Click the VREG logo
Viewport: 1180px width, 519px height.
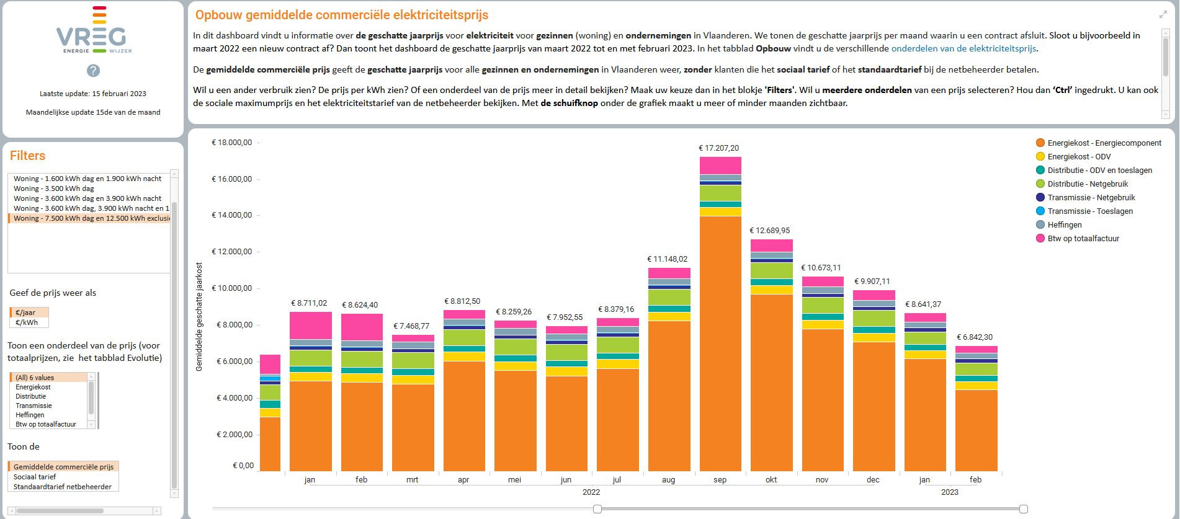pyautogui.click(x=93, y=31)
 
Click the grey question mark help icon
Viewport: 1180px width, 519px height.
pyautogui.click(x=93, y=71)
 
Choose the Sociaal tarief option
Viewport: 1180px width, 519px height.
pyautogui.click(x=35, y=477)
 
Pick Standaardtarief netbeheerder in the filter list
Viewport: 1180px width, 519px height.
pyautogui.click(x=63, y=487)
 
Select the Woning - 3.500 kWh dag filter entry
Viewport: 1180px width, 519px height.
pyautogui.click(x=54, y=189)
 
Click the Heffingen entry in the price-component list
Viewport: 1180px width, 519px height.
pyautogui.click(x=30, y=415)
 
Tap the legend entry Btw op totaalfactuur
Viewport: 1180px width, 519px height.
pyautogui.click(x=1083, y=239)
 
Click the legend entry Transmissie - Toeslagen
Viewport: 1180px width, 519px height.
pyautogui.click(x=1090, y=211)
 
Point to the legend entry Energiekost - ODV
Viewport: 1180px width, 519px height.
pyautogui.click(x=1079, y=157)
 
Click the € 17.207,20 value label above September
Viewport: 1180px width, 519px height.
pyautogui.click(x=719, y=148)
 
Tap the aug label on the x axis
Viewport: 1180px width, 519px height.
pyautogui.click(x=668, y=480)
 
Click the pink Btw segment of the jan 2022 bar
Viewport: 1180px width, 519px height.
pyautogui.click(x=310, y=326)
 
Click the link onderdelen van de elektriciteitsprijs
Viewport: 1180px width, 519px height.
pyautogui.click(x=963, y=48)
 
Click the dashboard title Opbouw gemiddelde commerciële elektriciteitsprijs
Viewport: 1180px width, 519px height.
pyautogui.click(x=342, y=15)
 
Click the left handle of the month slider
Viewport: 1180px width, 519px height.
pyautogui.click(x=597, y=509)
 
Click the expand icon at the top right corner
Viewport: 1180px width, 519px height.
pyautogui.click(x=1163, y=14)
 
